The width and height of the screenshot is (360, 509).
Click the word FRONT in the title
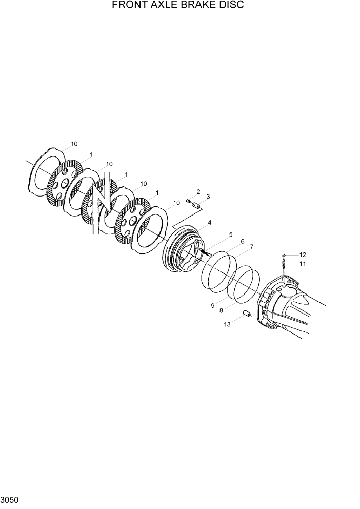click(128, 5)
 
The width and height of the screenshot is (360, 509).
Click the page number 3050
click(10, 499)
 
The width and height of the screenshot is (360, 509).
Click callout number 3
click(208, 197)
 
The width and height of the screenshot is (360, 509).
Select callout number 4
click(210, 223)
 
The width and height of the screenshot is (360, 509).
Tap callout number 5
click(230, 234)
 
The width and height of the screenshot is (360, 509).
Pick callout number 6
click(242, 241)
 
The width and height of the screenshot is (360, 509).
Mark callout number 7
click(252, 247)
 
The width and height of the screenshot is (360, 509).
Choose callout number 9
click(212, 306)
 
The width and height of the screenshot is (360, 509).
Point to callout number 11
click(302, 264)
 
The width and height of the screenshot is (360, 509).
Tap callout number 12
click(302, 254)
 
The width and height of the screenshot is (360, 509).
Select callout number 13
click(226, 324)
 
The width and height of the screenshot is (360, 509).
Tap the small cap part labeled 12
click(283, 254)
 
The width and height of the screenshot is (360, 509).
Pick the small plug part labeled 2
click(188, 201)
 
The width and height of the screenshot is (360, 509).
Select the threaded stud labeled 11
click(283, 264)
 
